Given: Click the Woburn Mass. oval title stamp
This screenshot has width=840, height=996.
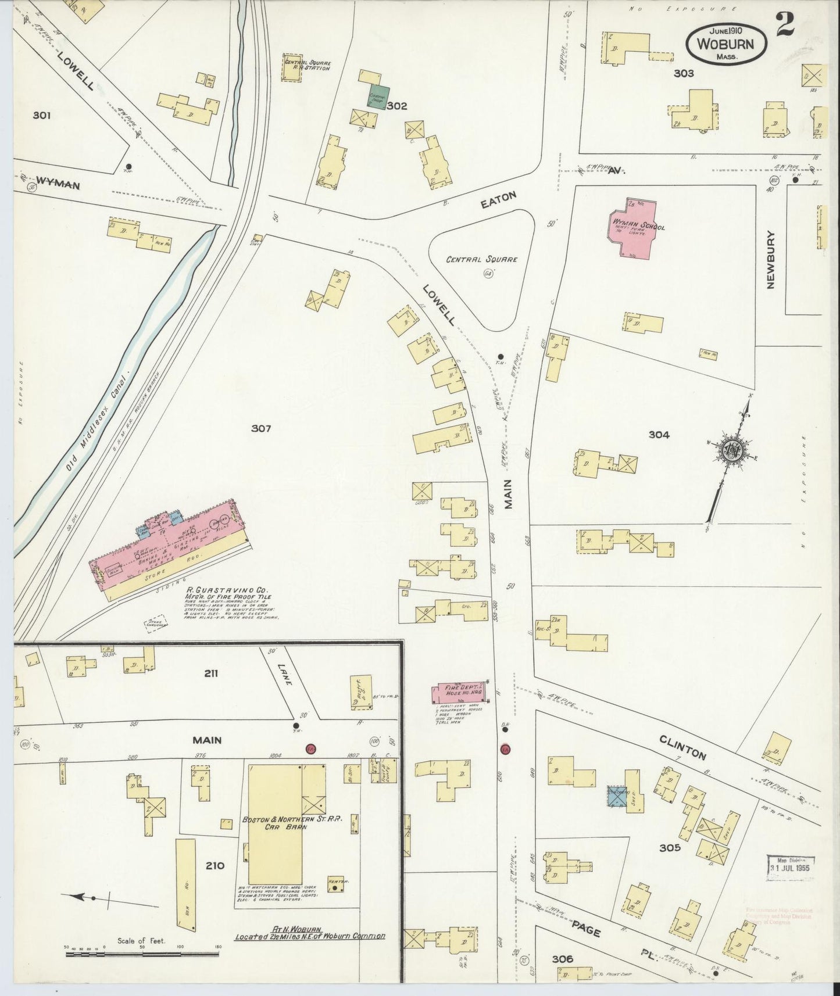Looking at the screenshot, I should tap(726, 44).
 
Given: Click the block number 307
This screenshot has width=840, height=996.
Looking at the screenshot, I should tap(261, 429).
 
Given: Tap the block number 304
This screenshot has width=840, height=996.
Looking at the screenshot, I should tap(659, 434).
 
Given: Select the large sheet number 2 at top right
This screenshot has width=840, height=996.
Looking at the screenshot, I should tap(785, 26).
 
